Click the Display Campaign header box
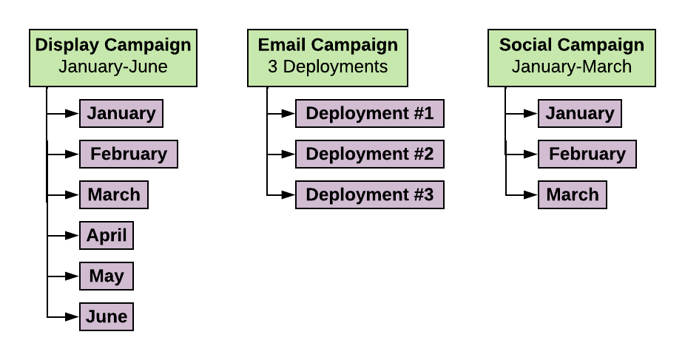click(113, 58)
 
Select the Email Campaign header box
click(328, 58)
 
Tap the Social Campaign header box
click(571, 58)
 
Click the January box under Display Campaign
click(121, 113)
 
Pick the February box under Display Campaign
click(129, 154)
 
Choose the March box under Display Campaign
click(114, 194)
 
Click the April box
click(107, 235)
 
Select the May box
click(107, 276)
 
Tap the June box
click(107, 316)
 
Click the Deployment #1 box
click(370, 113)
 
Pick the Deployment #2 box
click(370, 154)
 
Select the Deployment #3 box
click(370, 194)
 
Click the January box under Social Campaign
click(580, 113)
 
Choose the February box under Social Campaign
click(587, 154)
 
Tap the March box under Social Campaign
click(573, 194)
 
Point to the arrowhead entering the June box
click(72, 317)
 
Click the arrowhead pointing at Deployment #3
click(288, 195)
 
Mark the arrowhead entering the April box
click(72, 236)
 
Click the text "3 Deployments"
click(328, 67)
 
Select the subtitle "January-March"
click(571, 67)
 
